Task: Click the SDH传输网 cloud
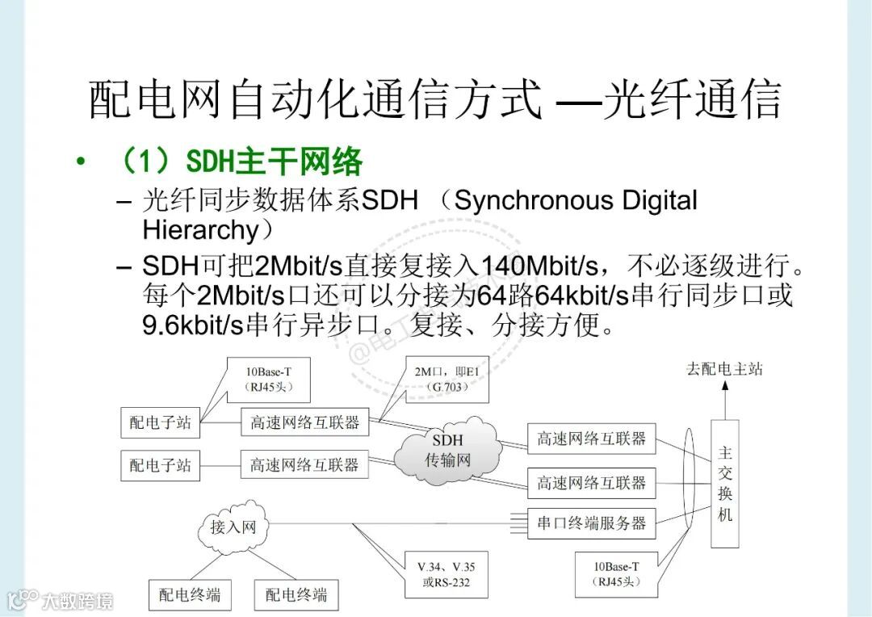[x=447, y=452]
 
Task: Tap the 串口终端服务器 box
[x=592, y=523]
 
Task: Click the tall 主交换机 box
[x=724, y=484]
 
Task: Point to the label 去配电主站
[x=724, y=369]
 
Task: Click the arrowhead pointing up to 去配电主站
[x=724, y=387]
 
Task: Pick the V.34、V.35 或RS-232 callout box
[x=446, y=574]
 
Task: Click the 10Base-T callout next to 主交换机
[x=616, y=573]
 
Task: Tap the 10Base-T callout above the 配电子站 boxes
[x=269, y=380]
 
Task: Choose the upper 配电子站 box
[x=161, y=422]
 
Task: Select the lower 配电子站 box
[x=161, y=465]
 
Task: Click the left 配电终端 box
[x=190, y=595]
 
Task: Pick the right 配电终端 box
[x=296, y=595]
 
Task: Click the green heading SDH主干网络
[x=275, y=162]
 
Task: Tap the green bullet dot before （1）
[x=80, y=162]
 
